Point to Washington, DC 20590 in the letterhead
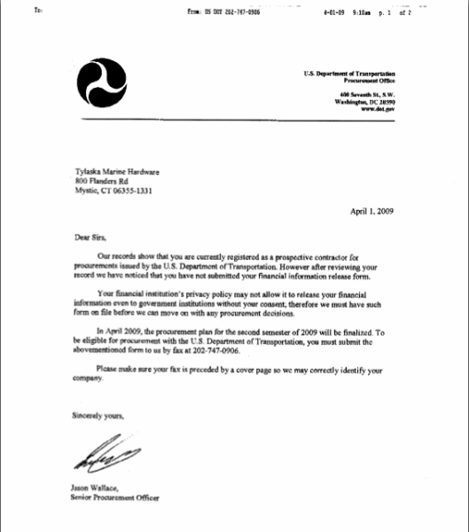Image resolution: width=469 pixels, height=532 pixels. (364, 102)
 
